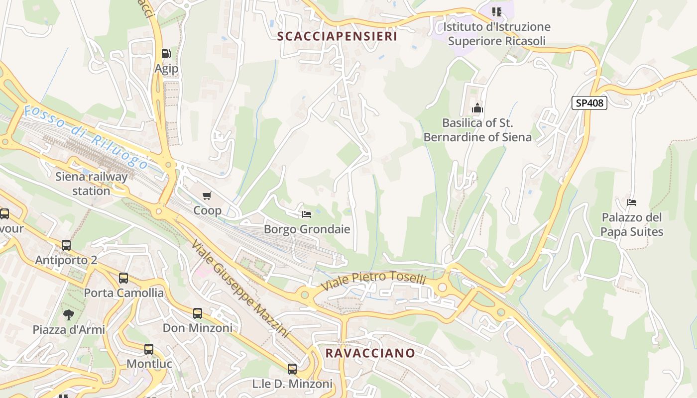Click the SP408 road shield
point(589,103)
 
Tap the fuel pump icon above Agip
point(166,54)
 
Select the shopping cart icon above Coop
point(207,196)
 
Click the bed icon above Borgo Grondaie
point(307,214)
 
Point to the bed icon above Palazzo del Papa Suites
point(632,202)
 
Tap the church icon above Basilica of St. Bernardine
point(477,107)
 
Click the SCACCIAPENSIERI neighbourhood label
point(337,36)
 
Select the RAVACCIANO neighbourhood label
point(370,353)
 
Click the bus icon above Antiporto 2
point(66,245)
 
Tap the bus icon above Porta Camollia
point(123,278)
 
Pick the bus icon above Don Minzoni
point(198,313)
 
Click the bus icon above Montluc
point(149,349)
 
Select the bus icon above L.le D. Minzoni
point(292,369)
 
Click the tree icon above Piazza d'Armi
point(69,314)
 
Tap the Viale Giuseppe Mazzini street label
point(240,289)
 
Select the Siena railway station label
point(91,184)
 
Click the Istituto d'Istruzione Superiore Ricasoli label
point(496,34)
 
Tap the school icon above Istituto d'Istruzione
point(496,11)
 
